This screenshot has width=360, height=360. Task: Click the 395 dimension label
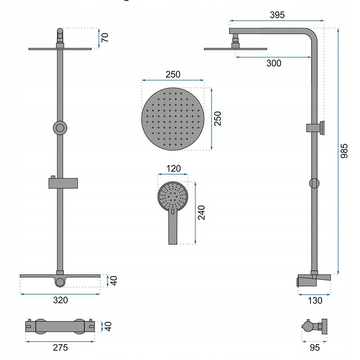coord(277,15)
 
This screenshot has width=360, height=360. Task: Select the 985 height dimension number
coord(344,151)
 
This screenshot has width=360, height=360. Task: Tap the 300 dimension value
coord(274,63)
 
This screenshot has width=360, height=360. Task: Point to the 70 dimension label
coord(105,37)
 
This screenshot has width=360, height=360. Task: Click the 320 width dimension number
coord(60,300)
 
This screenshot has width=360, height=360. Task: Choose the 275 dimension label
coord(60,347)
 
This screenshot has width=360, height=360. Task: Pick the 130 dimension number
coord(315,300)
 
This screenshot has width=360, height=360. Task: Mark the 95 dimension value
coord(315,347)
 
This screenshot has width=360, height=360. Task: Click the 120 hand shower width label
coord(173,168)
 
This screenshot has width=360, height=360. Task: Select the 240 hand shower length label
coord(201,212)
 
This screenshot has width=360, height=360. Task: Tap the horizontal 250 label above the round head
coord(173,74)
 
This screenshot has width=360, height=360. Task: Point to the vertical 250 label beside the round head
coord(217,118)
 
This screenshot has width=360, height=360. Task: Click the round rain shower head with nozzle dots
coord(173,119)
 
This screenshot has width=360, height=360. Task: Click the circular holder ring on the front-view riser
coord(60,128)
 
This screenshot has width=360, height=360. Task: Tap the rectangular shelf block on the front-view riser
coord(63,183)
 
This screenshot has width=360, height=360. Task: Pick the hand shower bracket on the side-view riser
coord(315,128)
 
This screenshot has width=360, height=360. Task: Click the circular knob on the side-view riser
coord(314,183)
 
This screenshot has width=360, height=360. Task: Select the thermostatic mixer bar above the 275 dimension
coord(60,326)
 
